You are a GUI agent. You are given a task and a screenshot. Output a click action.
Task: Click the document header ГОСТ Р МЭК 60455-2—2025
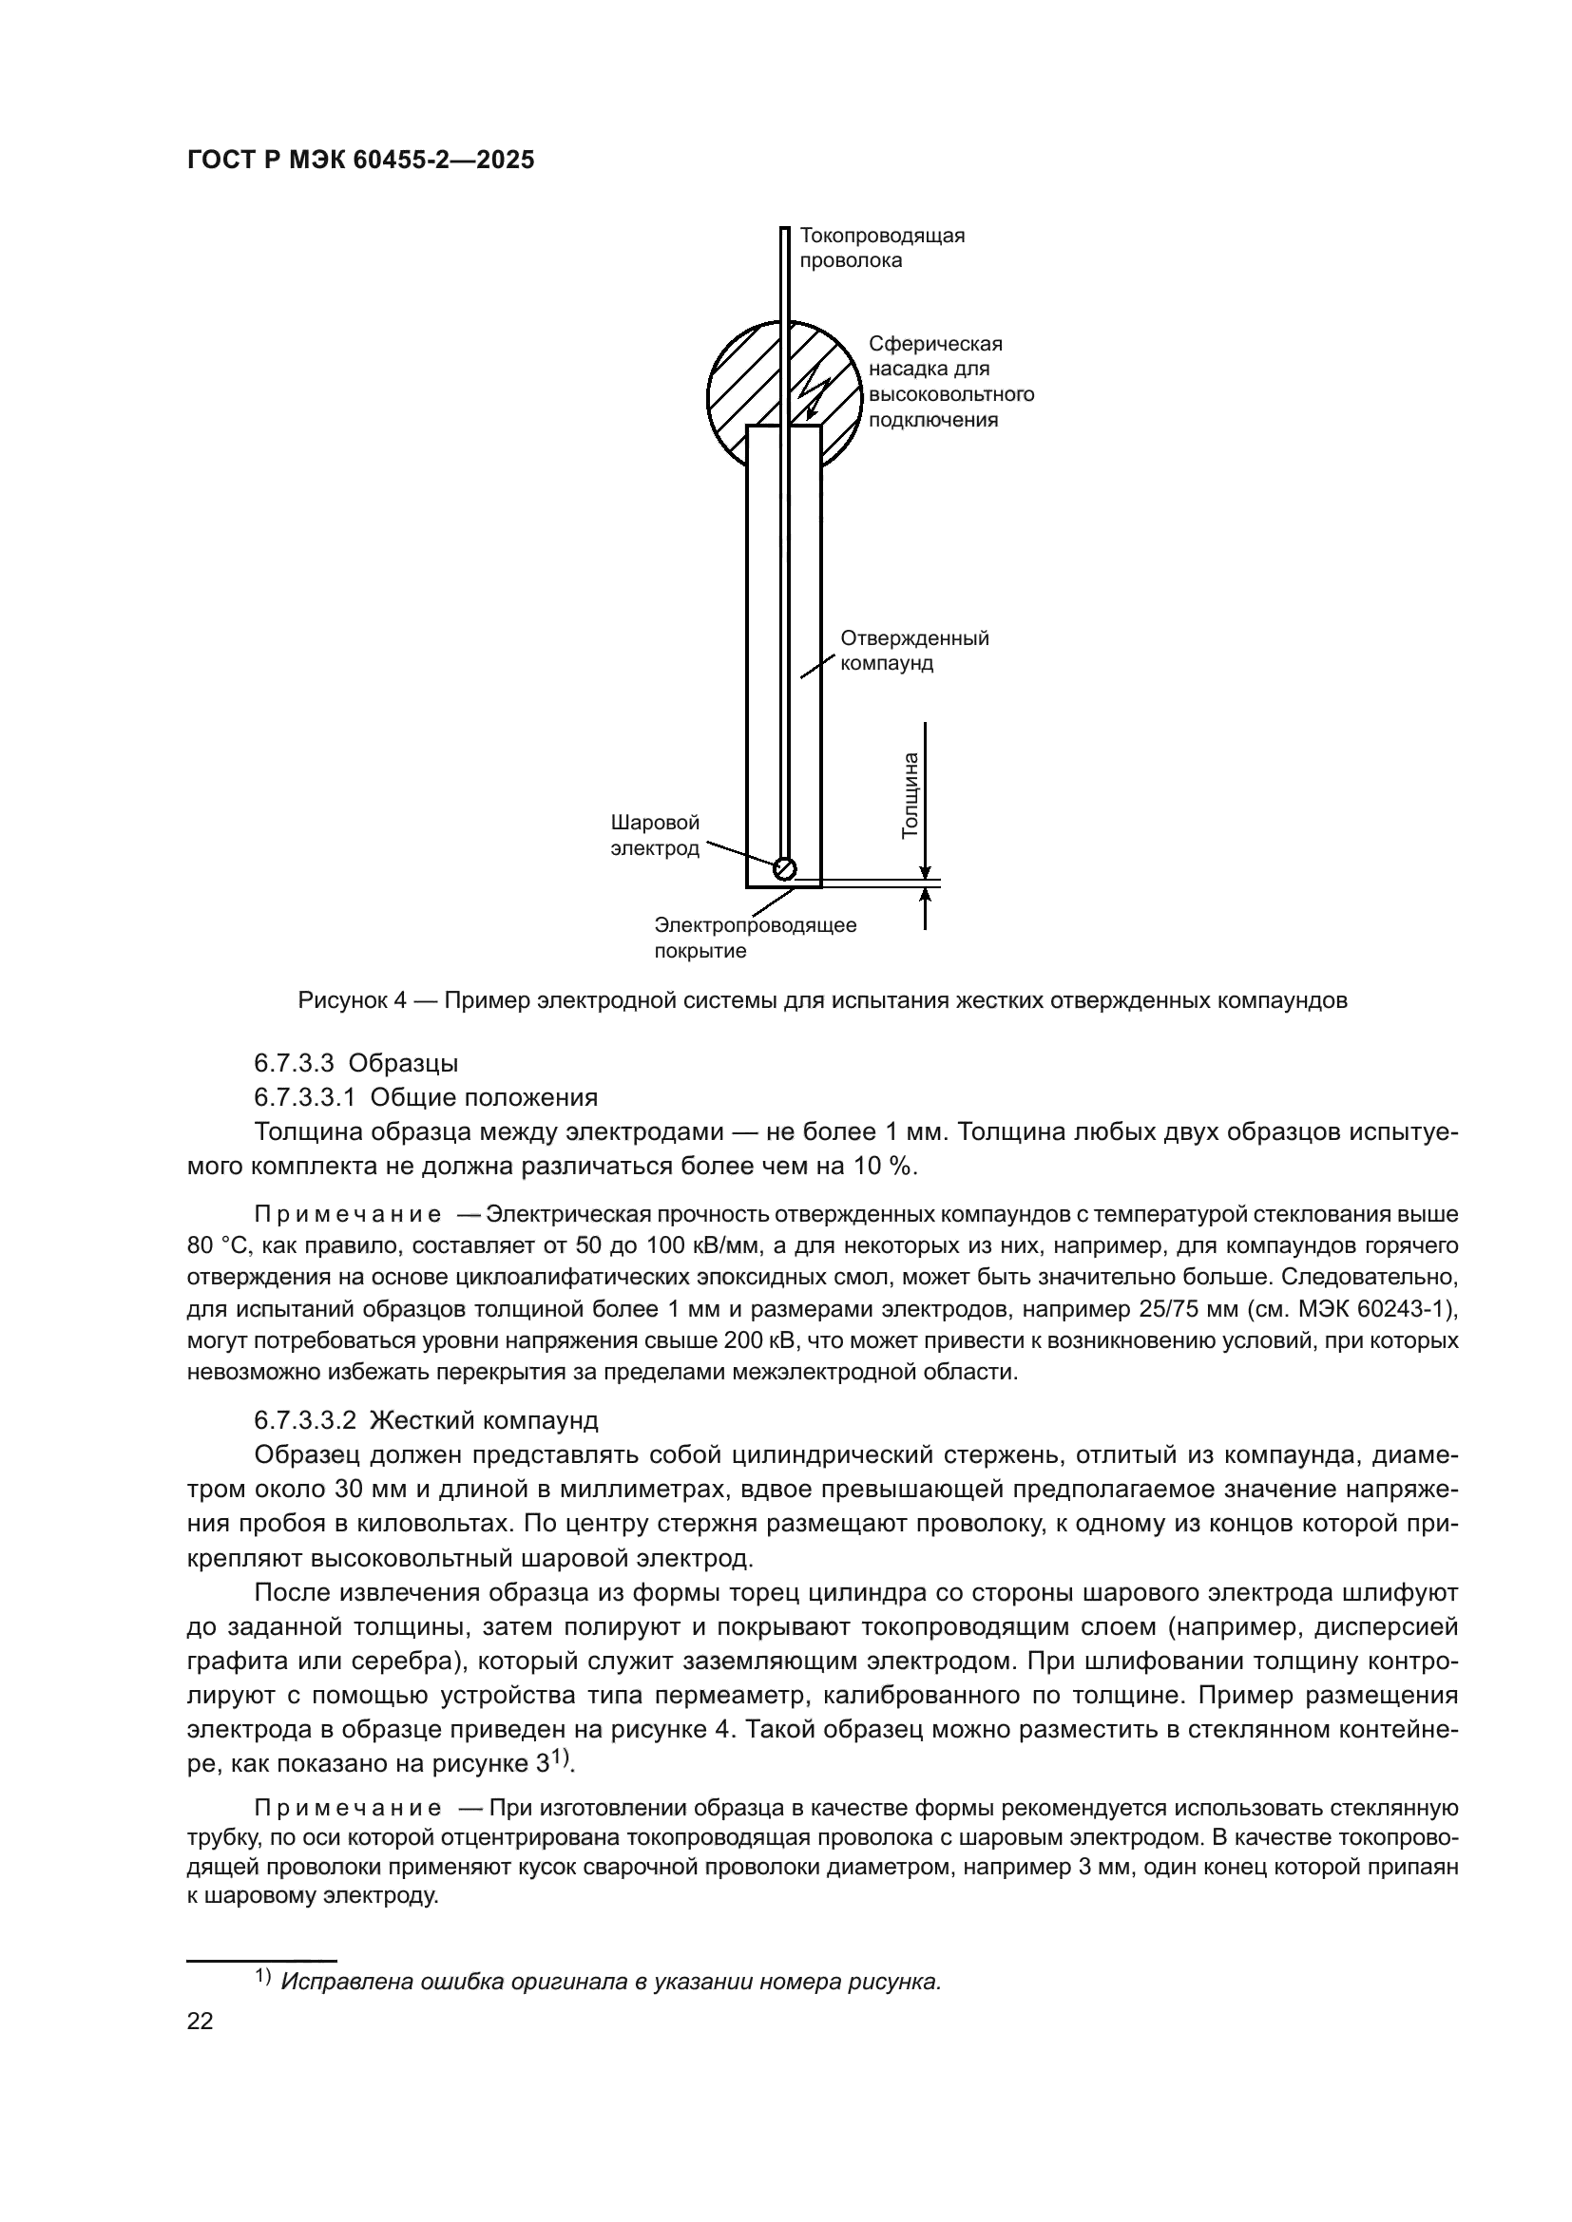click(x=360, y=161)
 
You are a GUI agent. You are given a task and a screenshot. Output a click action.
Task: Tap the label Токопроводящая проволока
click(x=881, y=248)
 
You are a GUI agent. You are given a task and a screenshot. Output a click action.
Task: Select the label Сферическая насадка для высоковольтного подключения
click(x=950, y=381)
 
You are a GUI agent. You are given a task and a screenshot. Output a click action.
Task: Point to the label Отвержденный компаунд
click(x=913, y=651)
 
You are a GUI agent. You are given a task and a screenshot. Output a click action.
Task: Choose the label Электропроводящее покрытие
click(x=755, y=937)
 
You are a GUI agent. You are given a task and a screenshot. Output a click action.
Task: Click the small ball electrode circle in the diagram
click(x=785, y=868)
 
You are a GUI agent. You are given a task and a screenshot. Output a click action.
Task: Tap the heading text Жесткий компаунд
click(x=484, y=1420)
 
